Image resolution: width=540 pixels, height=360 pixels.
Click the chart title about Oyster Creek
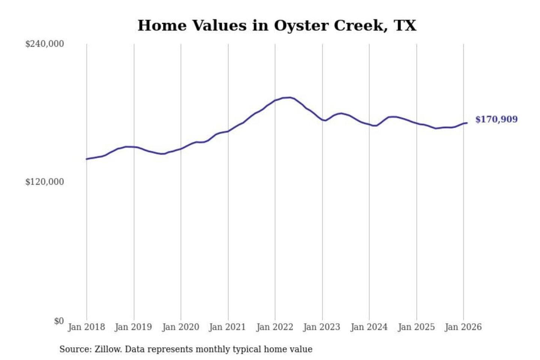point(277,25)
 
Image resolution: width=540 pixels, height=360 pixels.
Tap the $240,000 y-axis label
point(45,44)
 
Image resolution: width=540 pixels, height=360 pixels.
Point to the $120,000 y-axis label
point(45,182)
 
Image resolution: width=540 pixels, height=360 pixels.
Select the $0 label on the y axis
point(59,321)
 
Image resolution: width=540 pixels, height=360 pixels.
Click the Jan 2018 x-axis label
point(86,327)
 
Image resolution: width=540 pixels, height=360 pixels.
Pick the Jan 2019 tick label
point(133,327)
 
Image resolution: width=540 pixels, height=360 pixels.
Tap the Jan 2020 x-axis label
point(180,327)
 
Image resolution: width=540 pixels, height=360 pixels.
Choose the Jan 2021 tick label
point(227,327)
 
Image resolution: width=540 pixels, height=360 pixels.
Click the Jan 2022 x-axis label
point(274,327)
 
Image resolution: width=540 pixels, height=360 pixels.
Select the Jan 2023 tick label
point(321,327)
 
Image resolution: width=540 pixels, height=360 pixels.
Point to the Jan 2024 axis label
point(369,327)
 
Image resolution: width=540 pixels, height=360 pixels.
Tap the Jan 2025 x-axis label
point(416,327)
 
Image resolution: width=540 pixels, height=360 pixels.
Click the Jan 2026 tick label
point(463,327)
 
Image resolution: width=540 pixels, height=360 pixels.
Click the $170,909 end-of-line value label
point(496,119)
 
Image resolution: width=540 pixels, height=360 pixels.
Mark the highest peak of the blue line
point(289,97)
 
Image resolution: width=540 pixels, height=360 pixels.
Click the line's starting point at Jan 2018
point(87,159)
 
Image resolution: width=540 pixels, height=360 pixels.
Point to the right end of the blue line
point(467,123)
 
